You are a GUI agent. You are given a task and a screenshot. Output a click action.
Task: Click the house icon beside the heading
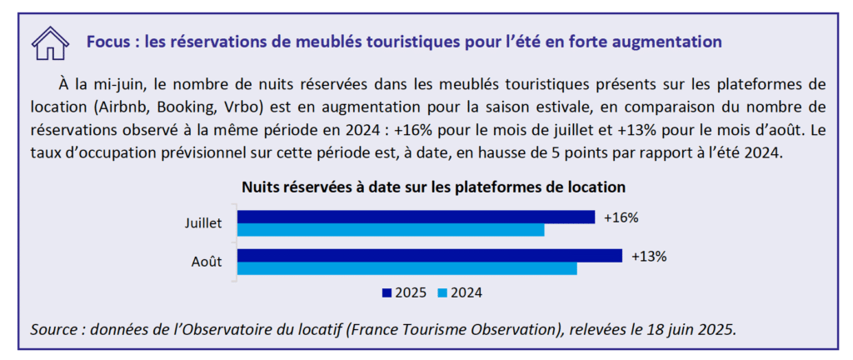pyautogui.click(x=49, y=42)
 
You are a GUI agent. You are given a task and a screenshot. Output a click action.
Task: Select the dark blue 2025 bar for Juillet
pyautogui.click(x=416, y=217)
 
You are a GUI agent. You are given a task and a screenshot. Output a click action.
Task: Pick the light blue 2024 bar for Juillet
pyautogui.click(x=391, y=229)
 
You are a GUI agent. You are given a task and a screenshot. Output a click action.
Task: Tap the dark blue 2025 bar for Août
pyautogui.click(x=430, y=255)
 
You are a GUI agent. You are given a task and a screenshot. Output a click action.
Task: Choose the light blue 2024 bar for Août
pyautogui.click(x=407, y=268)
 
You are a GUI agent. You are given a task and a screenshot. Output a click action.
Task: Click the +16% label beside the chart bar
pyautogui.click(x=621, y=217)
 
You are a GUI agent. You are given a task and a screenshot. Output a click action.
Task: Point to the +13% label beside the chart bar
pyautogui.click(x=649, y=256)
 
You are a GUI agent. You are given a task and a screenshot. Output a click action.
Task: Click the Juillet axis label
pyautogui.click(x=204, y=223)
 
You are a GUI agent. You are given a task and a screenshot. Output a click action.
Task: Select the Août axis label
pyautogui.click(x=207, y=262)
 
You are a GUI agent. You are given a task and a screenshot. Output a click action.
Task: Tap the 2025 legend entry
pyautogui.click(x=405, y=292)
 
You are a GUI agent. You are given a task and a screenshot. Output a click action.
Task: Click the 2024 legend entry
pyautogui.click(x=461, y=292)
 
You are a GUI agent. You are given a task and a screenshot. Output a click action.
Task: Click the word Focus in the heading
pyautogui.click(x=107, y=41)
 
